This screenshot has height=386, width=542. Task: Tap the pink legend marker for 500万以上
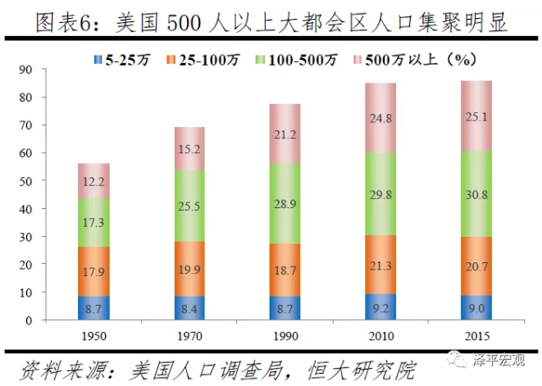point(359,59)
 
